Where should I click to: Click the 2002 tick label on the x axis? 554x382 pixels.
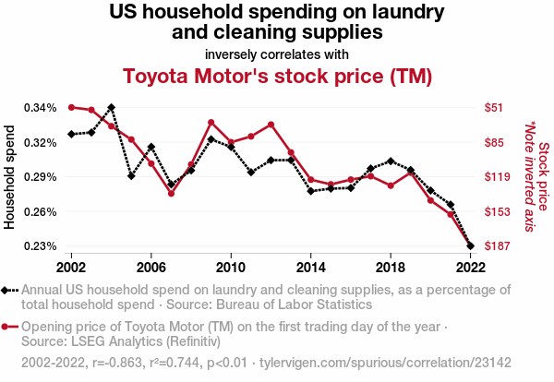tap(71, 268)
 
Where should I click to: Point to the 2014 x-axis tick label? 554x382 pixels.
tap(310, 268)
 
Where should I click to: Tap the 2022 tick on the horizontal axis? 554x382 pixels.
tap(470, 268)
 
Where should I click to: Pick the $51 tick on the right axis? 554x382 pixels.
tap(494, 107)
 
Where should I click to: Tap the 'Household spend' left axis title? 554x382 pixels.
tap(11, 177)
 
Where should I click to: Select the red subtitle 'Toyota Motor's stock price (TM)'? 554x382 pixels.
tap(277, 75)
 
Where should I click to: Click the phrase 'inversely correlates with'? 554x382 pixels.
tap(277, 53)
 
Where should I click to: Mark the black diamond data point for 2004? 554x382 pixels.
tap(111, 107)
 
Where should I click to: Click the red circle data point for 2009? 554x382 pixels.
tap(211, 123)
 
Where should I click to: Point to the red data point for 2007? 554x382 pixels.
tap(171, 193)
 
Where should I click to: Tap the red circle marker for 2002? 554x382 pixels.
tap(71, 107)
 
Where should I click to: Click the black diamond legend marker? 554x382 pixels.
tap(10, 290)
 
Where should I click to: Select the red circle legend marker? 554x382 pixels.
tap(10, 327)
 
